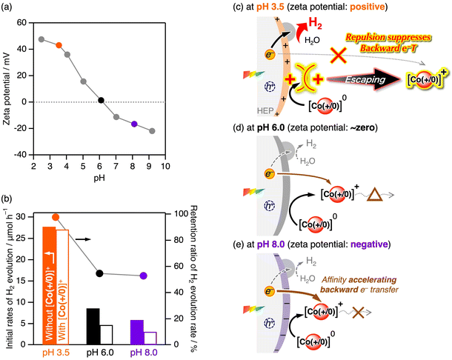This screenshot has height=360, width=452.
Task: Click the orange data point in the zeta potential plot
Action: tap(59, 45)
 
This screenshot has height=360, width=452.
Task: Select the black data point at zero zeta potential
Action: tap(101, 101)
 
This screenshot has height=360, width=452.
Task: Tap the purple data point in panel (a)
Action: tap(134, 124)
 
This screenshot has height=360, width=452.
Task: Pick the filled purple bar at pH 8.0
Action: tap(136, 332)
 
